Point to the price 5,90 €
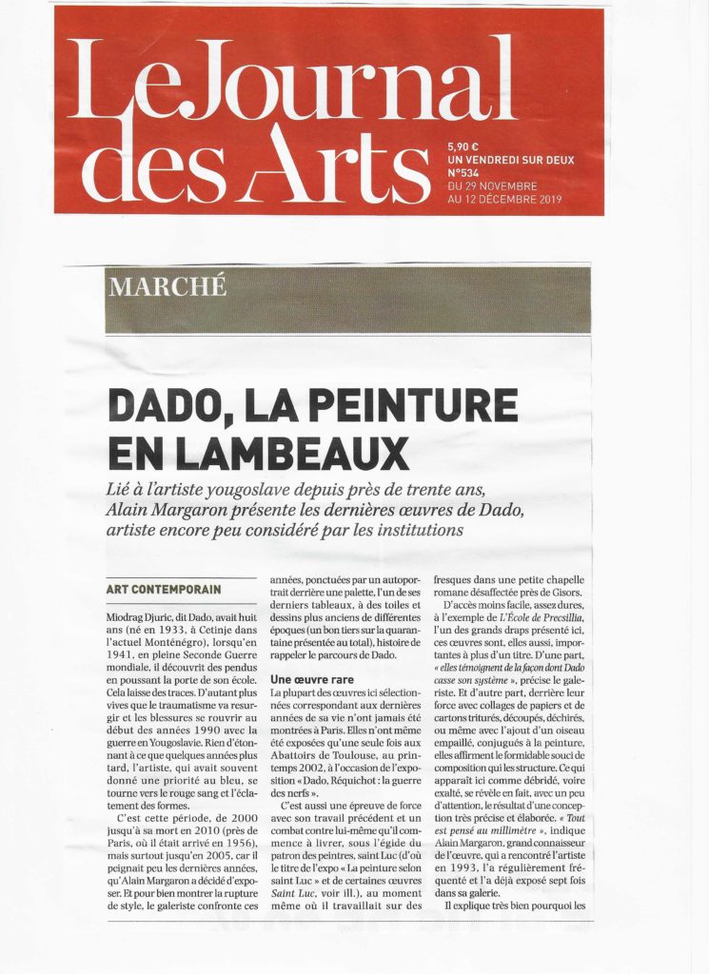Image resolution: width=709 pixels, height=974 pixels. click(466, 147)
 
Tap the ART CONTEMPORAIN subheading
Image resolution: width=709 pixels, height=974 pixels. click(164, 589)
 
